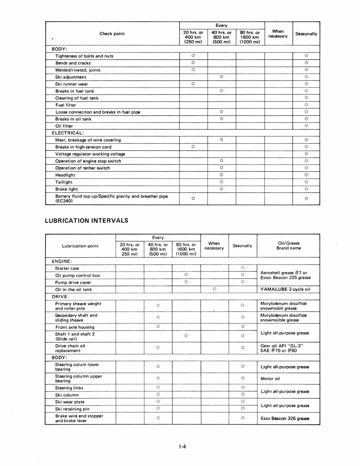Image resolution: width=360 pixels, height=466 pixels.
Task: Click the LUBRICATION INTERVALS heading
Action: point(87,221)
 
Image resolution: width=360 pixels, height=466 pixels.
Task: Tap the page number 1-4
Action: point(183,447)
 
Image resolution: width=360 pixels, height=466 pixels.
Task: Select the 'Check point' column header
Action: point(112,34)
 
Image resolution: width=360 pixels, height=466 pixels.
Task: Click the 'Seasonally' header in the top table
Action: point(306,34)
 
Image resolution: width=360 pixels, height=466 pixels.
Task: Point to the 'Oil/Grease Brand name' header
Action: point(288,246)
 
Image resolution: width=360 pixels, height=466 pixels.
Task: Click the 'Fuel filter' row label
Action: point(65,105)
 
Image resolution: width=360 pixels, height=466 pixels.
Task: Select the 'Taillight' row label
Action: point(64,182)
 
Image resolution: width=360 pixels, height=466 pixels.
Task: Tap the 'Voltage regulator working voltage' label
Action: point(90,154)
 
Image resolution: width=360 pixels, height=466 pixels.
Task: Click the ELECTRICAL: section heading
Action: point(68,133)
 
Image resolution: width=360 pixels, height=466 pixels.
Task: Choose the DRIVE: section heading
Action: point(60,297)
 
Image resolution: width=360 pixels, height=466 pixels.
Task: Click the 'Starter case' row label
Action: point(67,268)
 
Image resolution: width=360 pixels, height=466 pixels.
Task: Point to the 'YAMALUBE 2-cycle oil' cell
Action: point(285,290)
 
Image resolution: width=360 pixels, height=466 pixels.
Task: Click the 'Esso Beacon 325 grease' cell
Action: point(285,419)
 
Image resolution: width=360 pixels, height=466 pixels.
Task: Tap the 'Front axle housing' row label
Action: point(75,327)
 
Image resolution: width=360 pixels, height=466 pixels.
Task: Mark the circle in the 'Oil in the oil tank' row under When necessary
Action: point(214,289)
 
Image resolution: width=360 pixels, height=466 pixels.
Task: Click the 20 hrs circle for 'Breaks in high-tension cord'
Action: point(193,147)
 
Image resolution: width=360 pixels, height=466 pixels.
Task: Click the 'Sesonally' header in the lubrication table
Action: point(242,246)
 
